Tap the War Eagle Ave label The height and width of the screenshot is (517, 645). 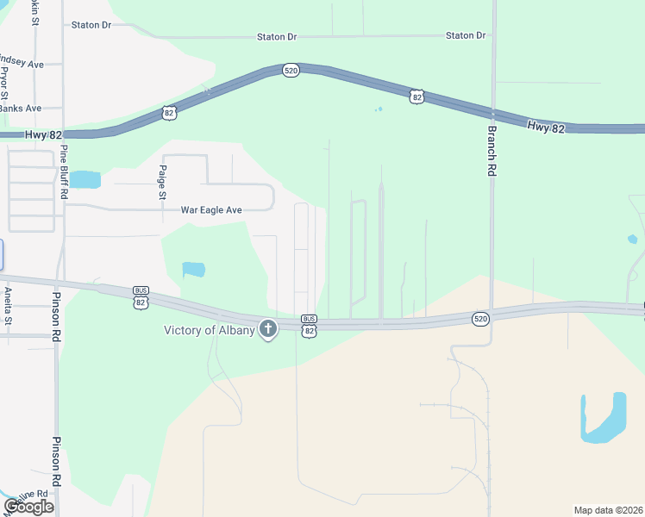point(211,209)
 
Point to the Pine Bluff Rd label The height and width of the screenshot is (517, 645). point(63,171)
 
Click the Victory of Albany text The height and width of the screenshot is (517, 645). point(209,330)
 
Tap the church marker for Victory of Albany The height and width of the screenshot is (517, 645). point(268,328)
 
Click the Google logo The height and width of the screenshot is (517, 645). point(28,507)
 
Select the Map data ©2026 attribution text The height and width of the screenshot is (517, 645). point(608,510)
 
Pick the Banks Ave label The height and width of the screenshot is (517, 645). point(20,109)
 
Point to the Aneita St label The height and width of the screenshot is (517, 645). point(7,305)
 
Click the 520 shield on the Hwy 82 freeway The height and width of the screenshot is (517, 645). point(291,70)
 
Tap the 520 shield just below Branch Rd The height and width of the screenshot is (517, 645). point(481,319)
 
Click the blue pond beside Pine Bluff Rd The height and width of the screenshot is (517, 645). point(85,179)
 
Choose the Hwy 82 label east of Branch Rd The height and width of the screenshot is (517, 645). point(546,127)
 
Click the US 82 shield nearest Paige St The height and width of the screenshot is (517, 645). point(169,112)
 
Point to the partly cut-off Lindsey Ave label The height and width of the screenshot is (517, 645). point(22,64)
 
